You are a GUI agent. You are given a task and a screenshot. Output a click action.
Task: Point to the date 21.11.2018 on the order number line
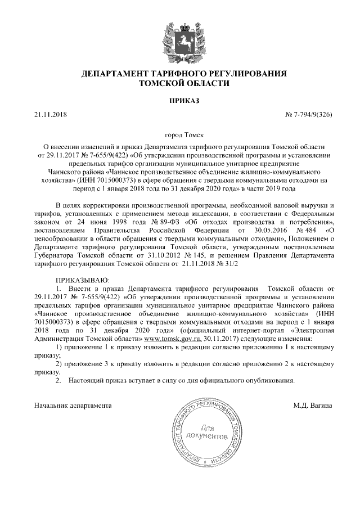coord(50,115)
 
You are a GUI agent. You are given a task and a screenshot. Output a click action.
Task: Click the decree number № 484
coord(301,230)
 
